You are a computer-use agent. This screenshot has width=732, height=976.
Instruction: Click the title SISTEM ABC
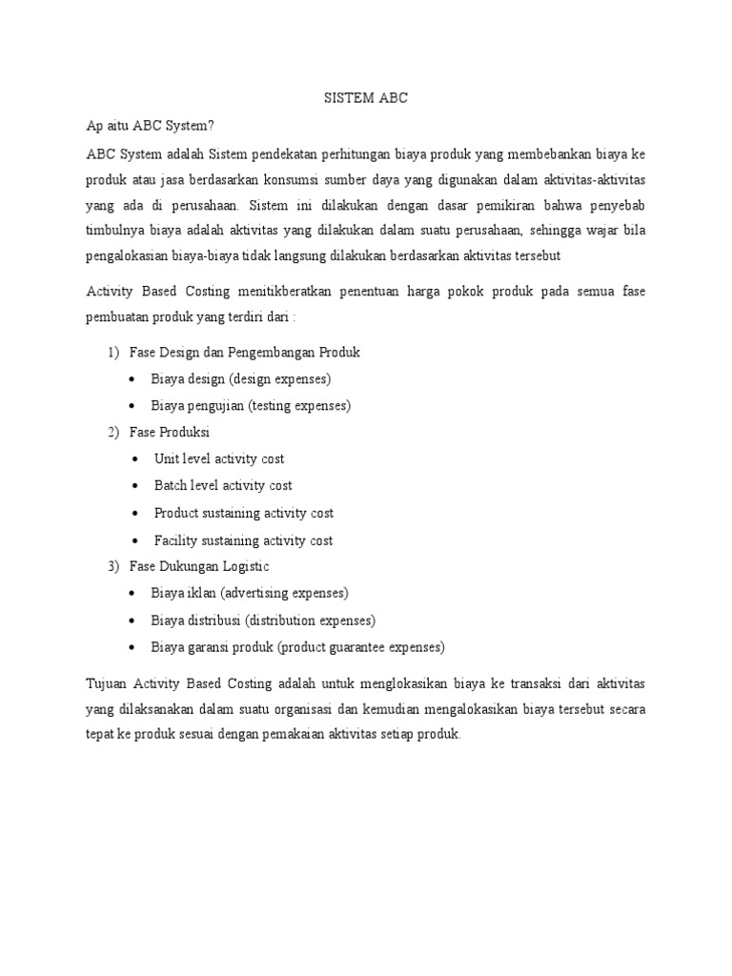tap(366, 98)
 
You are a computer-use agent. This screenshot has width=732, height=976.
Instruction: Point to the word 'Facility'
tap(175, 540)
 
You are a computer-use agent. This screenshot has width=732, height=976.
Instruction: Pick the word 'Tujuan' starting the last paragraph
tap(106, 683)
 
